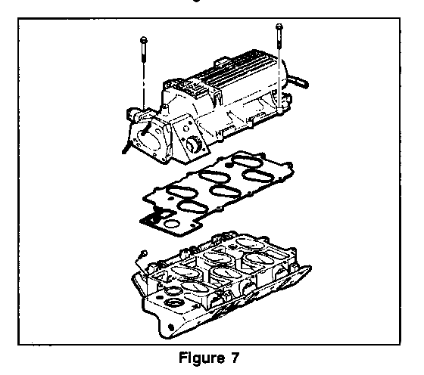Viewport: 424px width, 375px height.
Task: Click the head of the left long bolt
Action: (144, 41)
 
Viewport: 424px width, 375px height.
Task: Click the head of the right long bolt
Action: (279, 26)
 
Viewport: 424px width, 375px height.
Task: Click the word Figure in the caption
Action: (201, 358)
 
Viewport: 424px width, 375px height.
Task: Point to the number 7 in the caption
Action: (235, 358)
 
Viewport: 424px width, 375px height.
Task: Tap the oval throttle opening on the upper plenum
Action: (148, 140)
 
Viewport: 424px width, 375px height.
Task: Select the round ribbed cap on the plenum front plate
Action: (194, 144)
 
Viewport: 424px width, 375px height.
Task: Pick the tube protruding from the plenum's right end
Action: (298, 80)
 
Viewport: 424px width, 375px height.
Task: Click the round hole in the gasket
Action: (171, 224)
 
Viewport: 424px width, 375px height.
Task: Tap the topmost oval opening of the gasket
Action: (248, 161)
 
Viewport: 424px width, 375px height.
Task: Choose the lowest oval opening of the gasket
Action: (192, 207)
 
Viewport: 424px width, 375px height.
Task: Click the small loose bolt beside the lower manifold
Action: (142, 256)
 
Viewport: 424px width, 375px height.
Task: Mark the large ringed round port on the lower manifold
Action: (173, 303)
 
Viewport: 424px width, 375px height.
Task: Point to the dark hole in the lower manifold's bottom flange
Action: (171, 327)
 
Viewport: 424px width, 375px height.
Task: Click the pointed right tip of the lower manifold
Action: (311, 268)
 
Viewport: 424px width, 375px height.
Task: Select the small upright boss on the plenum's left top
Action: (164, 107)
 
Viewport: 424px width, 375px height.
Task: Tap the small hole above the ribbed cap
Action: (185, 129)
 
